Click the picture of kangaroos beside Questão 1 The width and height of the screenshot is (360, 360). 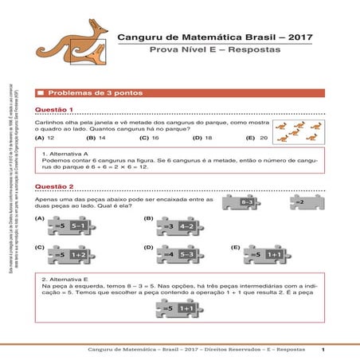(x=299, y=131)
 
